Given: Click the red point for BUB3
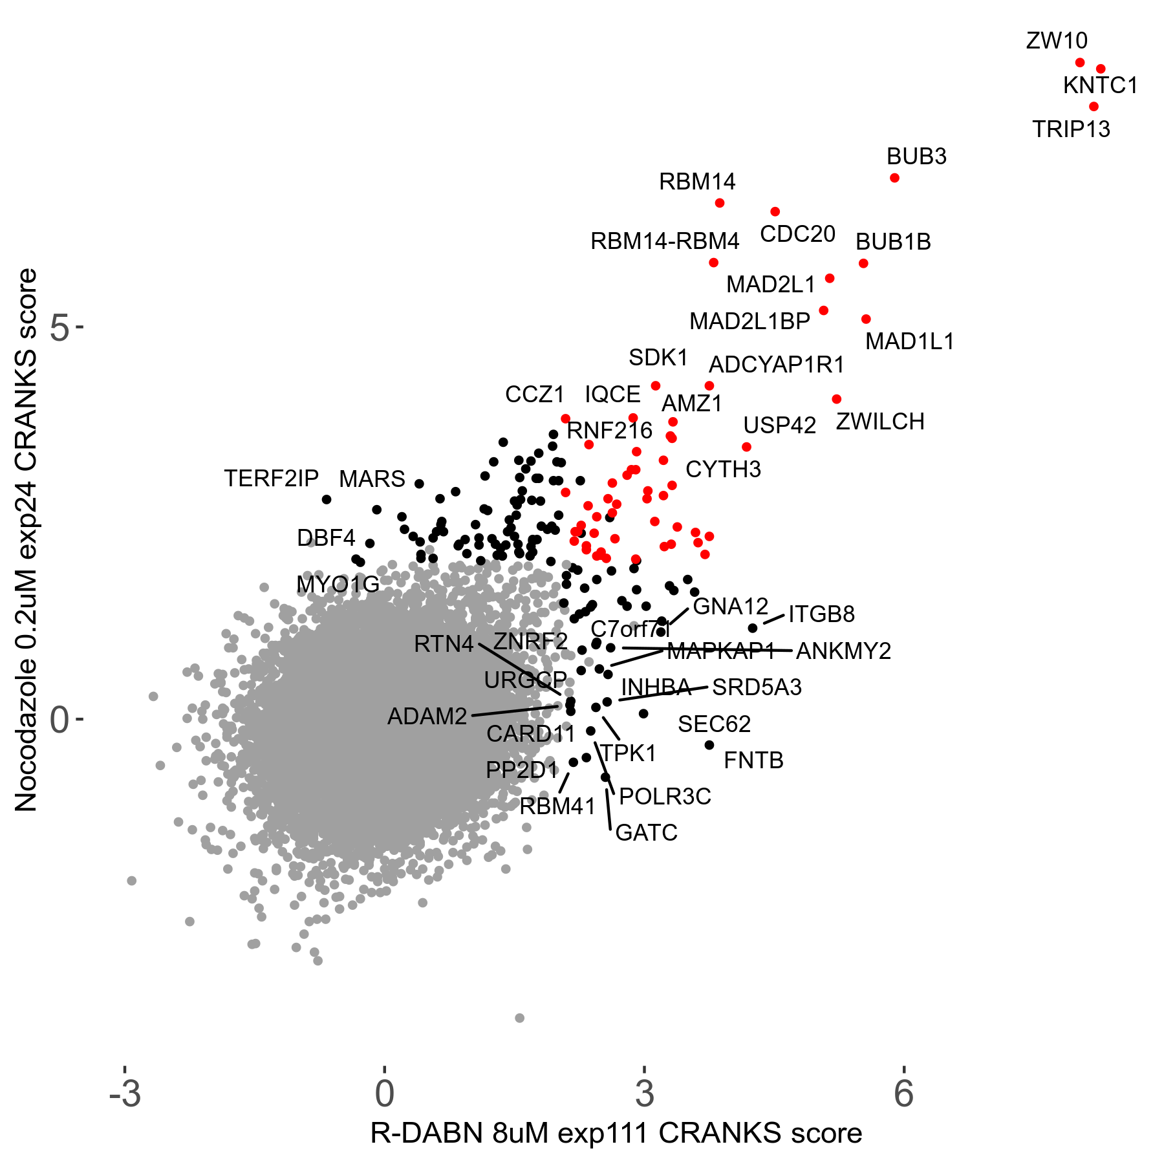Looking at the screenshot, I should (x=894, y=178).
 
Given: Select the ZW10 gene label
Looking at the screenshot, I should (x=1057, y=41).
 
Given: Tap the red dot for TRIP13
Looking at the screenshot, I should (x=1094, y=107).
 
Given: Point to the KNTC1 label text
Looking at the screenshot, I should (x=1100, y=85).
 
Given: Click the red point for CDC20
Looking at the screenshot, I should (x=775, y=211).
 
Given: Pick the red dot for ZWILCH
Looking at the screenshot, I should (x=837, y=399).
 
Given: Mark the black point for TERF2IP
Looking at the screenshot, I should (x=327, y=499).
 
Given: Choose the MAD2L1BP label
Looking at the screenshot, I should (x=749, y=321).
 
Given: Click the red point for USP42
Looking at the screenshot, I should (x=746, y=447).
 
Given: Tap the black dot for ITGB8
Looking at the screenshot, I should (x=753, y=628).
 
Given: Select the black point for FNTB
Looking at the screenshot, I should (x=709, y=745).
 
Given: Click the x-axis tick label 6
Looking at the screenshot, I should (x=903, y=1094).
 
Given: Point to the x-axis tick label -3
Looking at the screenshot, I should (x=125, y=1094).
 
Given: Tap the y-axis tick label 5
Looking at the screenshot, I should (x=59, y=329).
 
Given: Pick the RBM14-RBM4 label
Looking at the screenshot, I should (x=664, y=242).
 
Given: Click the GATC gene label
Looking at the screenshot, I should (x=646, y=833).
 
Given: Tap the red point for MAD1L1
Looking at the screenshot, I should (x=866, y=319).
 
